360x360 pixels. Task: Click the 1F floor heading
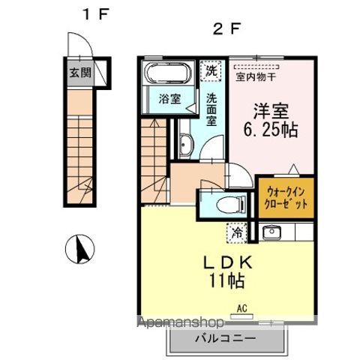96,14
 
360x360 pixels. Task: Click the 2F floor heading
226,29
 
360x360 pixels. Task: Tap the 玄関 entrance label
80,73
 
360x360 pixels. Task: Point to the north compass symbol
80,249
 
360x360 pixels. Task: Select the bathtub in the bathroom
169,73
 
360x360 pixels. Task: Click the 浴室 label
169,99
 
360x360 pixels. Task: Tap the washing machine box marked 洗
211,71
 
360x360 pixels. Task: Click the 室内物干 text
256,77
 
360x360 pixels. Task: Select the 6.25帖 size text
271,130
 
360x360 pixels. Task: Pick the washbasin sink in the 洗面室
185,145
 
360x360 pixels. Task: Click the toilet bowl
231,203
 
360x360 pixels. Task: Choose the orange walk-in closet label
286,198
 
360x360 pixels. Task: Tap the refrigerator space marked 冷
237,233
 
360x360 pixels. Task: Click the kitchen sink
271,232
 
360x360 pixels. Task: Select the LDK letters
227,263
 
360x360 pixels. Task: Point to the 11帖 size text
226,280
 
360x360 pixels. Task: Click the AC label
242,308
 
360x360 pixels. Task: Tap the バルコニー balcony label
226,339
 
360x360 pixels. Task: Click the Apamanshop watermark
181,322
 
